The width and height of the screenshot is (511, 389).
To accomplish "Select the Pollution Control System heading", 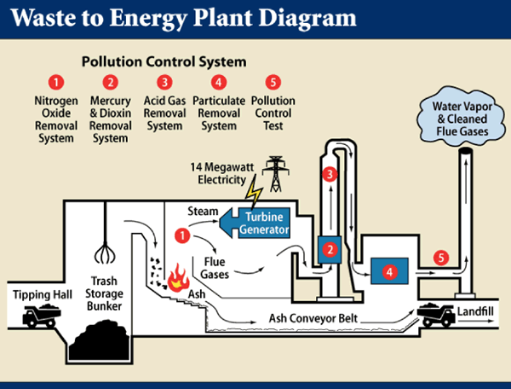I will (163, 62).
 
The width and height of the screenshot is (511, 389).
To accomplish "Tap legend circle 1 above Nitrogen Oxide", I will (56, 83).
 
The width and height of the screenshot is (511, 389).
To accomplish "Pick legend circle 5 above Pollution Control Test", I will (273, 83).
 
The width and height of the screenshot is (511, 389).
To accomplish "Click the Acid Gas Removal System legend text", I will (164, 113).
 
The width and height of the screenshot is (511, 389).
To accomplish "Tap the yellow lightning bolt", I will (254, 197).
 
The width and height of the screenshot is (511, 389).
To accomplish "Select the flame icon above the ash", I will (178, 277).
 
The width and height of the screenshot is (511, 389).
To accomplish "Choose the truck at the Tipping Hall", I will (40, 316).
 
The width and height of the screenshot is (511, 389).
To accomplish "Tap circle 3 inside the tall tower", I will (331, 175).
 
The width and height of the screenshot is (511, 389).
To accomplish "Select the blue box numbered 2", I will (329, 249).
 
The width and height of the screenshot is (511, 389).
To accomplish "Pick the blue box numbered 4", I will (388, 272).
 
